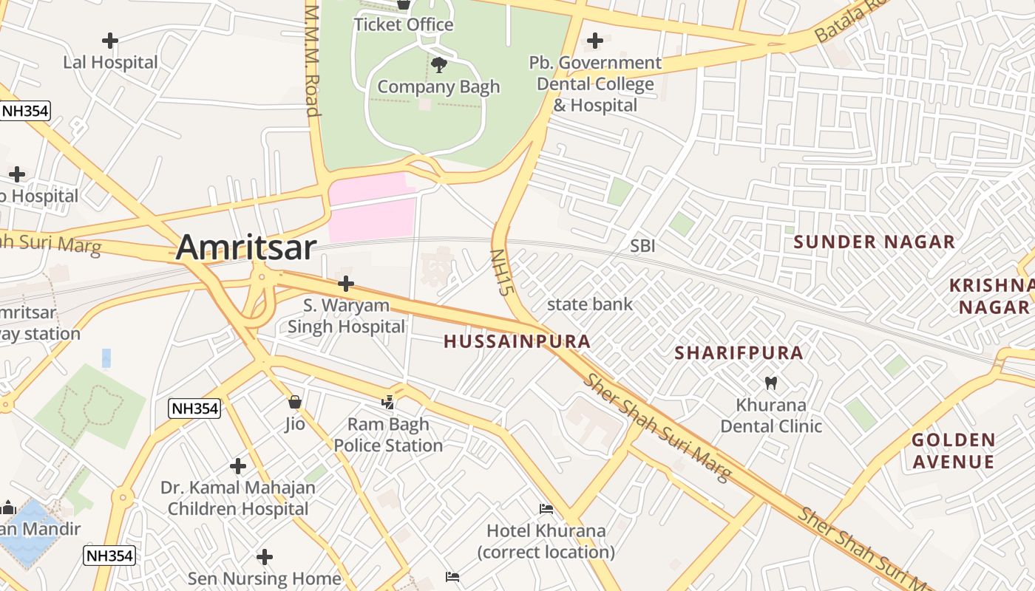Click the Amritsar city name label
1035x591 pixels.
246,247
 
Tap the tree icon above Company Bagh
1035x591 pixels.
439,64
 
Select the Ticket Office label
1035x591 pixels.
403,24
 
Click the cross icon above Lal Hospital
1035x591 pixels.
110,41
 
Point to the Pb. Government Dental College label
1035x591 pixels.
595,83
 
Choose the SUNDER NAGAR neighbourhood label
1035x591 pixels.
874,242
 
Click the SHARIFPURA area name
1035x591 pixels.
739,353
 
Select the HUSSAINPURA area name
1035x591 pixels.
517,341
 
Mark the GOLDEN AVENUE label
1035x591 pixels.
953,451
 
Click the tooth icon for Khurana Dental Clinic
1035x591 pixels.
770,383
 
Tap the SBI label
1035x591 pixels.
642,246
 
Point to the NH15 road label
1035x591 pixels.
501,272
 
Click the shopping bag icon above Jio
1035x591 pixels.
295,402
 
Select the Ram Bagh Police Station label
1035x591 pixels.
388,435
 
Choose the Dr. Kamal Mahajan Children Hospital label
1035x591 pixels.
237,498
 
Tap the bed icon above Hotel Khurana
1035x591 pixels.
546,508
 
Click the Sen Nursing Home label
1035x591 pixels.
264,578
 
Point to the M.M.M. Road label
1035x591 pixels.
312,61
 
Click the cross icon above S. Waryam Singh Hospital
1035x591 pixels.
345,283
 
